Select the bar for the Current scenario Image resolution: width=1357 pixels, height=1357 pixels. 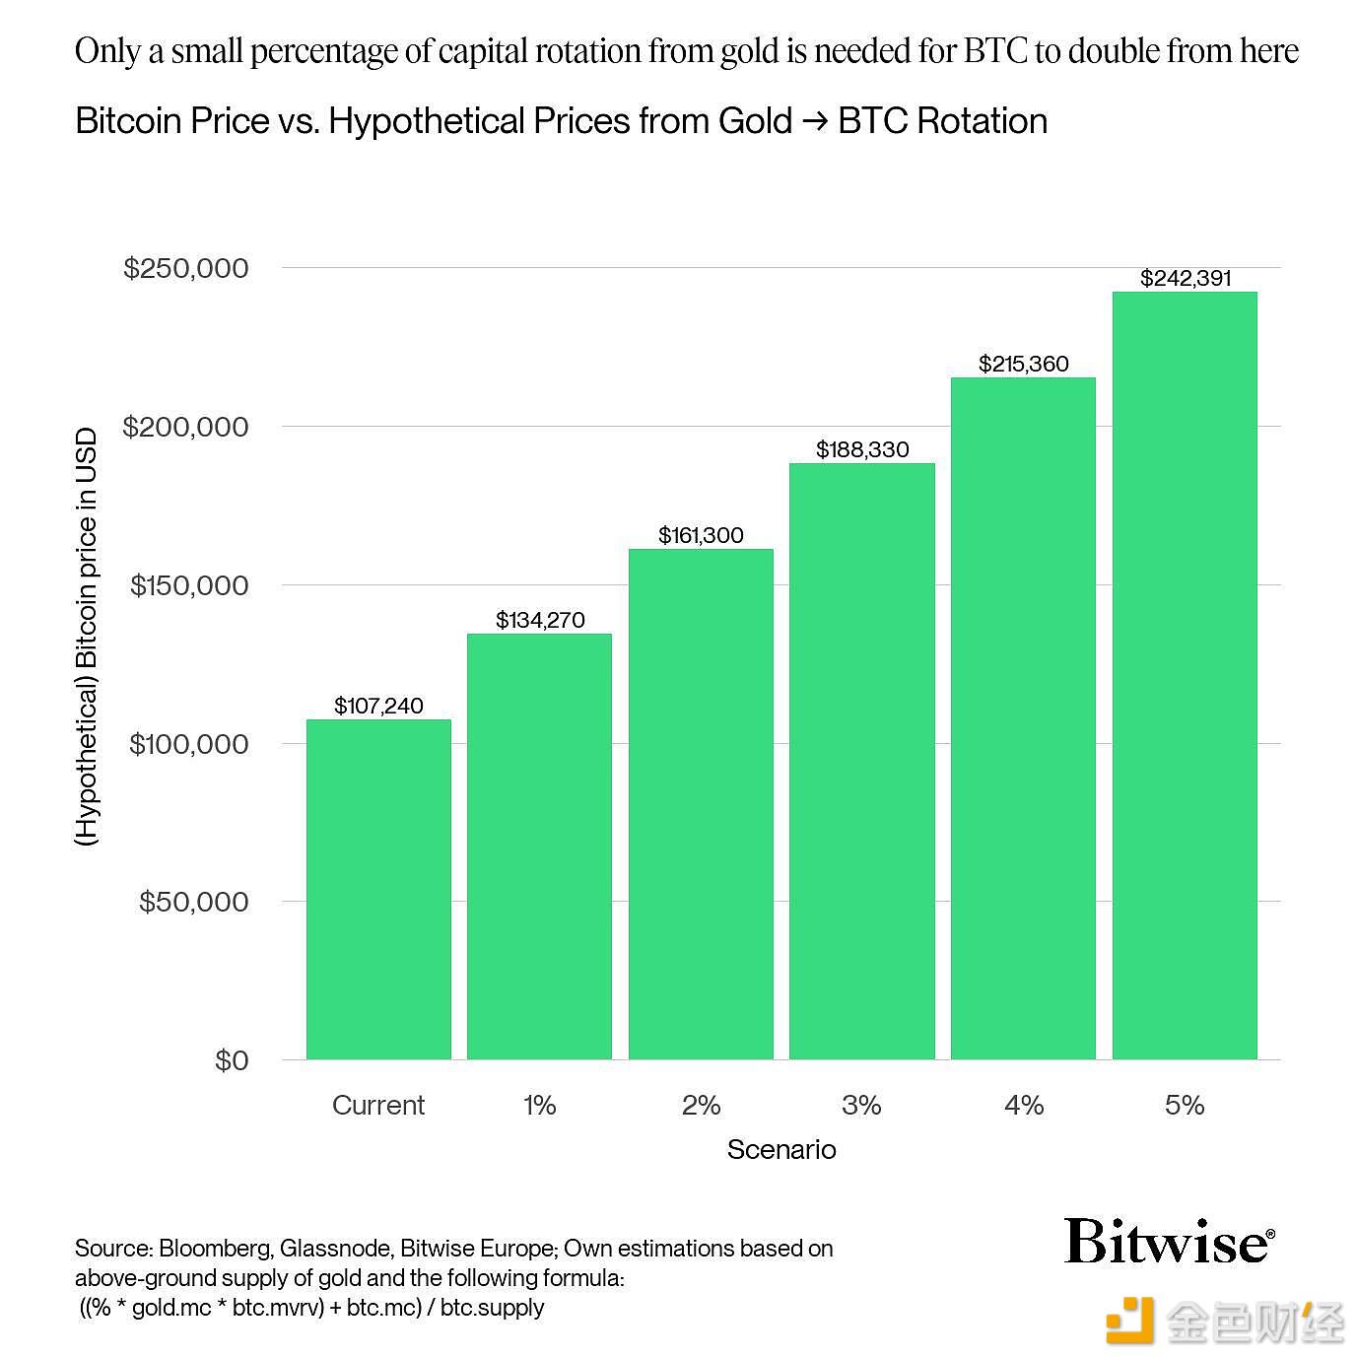pos(378,889)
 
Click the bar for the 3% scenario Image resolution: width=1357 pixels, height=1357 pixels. pos(861,761)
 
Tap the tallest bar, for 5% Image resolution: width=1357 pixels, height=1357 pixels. pos(1185,675)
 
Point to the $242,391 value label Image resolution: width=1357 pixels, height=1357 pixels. pos(1186,278)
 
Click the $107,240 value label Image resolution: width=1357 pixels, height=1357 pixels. pos(378,706)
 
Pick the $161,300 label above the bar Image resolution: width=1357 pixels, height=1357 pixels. pos(701,535)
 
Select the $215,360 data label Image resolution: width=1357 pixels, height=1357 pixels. pos(1023,364)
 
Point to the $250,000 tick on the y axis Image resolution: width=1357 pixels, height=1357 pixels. pos(186,268)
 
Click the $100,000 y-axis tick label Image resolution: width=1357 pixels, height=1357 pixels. pos(188,744)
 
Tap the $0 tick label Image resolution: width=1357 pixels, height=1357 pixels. pos(232,1060)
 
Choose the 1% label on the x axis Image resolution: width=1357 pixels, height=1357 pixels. pos(539,1105)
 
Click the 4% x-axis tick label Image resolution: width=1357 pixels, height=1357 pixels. pos(1023,1105)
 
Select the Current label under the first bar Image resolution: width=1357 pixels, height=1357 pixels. pos(378,1105)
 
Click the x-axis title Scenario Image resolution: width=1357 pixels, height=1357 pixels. pos(781,1149)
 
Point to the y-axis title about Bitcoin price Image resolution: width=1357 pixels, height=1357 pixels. pos(88,637)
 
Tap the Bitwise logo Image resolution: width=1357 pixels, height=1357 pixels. pos(1169,1242)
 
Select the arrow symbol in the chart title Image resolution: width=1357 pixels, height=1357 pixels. pos(815,121)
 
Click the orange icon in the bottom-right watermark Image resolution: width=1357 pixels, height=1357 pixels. pos(1129,1321)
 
